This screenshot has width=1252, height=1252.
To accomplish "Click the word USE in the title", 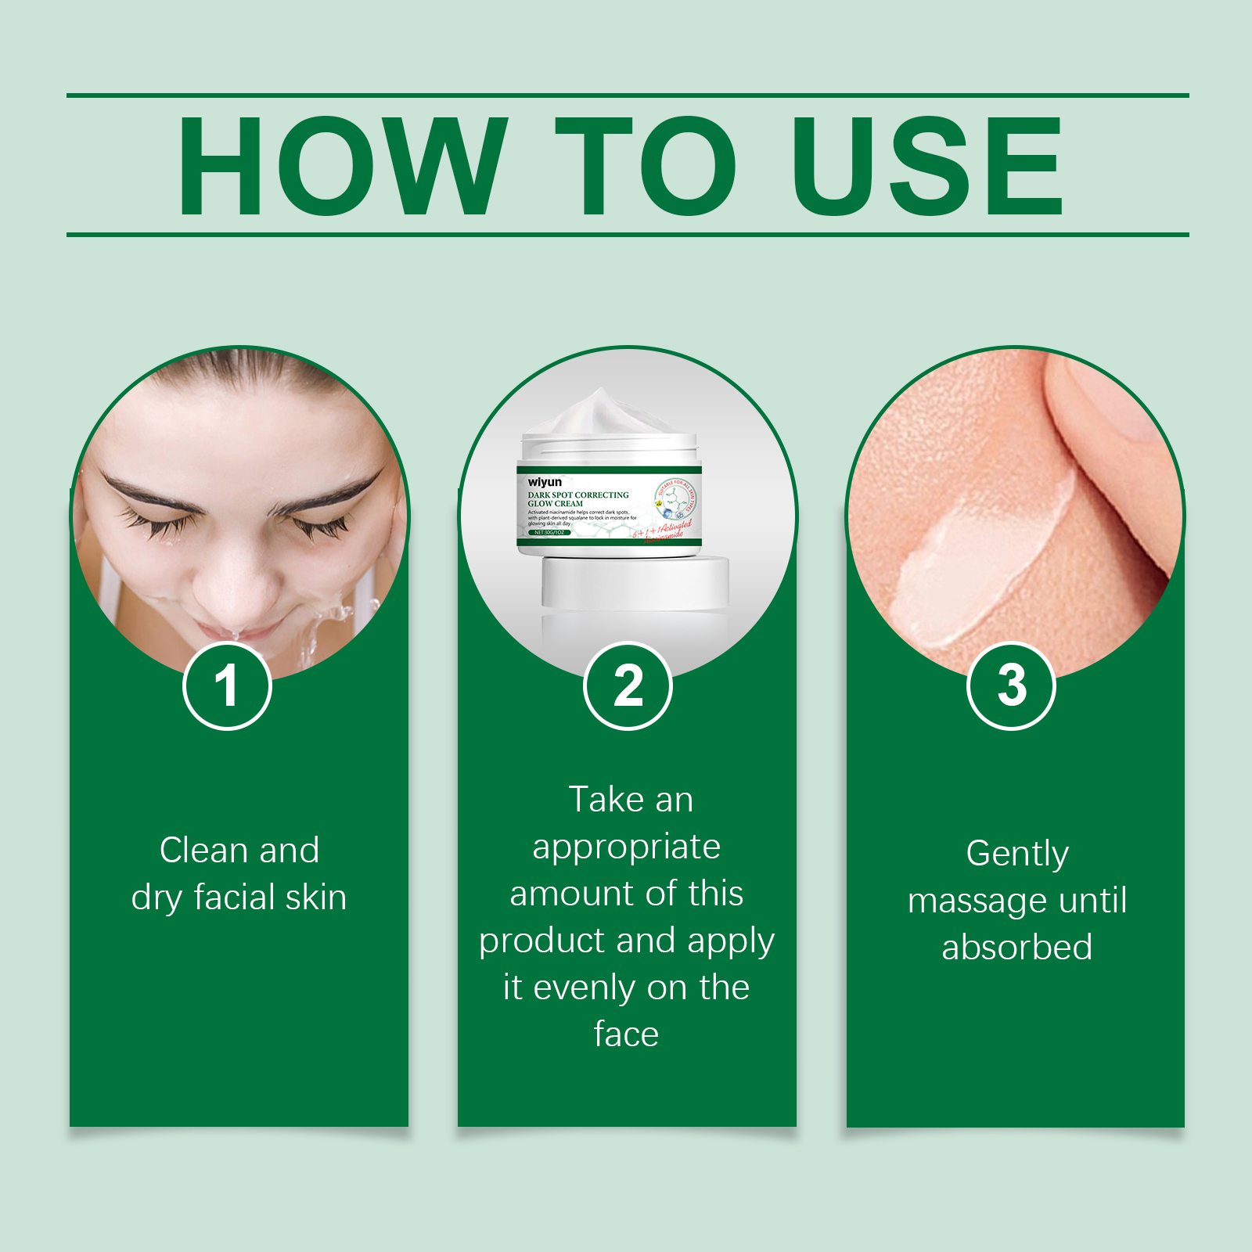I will click(928, 166).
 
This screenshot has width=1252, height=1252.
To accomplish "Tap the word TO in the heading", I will click(646, 166).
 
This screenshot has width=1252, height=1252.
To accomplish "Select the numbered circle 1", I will click(227, 686).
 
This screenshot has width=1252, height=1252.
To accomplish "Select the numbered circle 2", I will click(628, 686).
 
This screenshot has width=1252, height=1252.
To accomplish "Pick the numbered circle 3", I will click(1012, 686).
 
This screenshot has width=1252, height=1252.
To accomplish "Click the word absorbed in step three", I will click(1017, 948).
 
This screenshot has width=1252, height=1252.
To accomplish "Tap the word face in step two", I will click(626, 1034).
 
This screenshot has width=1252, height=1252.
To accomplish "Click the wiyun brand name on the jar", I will click(545, 482).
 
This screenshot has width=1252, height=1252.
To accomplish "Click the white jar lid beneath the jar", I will click(635, 583).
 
